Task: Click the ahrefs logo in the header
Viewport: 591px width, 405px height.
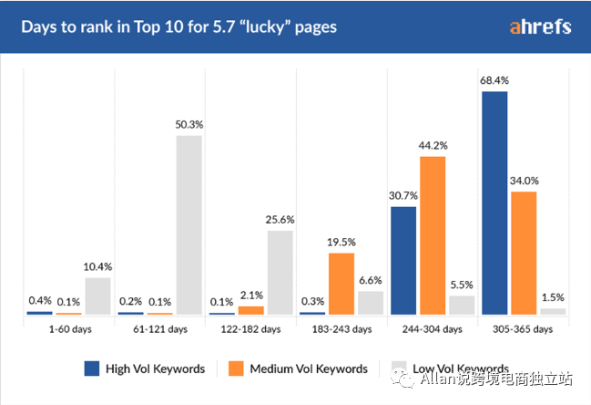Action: click(540, 26)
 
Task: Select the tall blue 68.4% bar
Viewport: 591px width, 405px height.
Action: click(494, 202)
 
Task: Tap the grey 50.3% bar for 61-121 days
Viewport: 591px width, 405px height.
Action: click(189, 224)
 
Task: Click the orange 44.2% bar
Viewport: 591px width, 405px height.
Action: click(433, 235)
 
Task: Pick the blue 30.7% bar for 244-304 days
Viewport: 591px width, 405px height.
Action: click(403, 260)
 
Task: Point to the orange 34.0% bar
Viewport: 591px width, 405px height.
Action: click(524, 253)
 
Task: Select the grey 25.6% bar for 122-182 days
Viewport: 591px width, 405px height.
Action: click(280, 272)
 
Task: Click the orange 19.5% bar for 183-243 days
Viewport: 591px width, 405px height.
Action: click(341, 284)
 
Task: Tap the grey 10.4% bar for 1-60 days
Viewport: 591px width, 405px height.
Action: click(97, 296)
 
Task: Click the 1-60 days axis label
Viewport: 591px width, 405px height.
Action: click(69, 328)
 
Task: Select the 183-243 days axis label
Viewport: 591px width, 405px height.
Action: click(341, 328)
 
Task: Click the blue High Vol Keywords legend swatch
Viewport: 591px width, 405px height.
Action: click(92, 369)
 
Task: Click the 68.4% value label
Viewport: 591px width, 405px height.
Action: click(494, 81)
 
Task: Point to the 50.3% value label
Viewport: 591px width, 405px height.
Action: click(189, 125)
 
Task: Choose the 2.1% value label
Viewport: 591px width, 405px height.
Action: click(250, 295)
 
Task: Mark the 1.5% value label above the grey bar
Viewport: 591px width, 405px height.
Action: click(553, 297)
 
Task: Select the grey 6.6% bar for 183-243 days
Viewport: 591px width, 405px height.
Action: click(371, 303)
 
